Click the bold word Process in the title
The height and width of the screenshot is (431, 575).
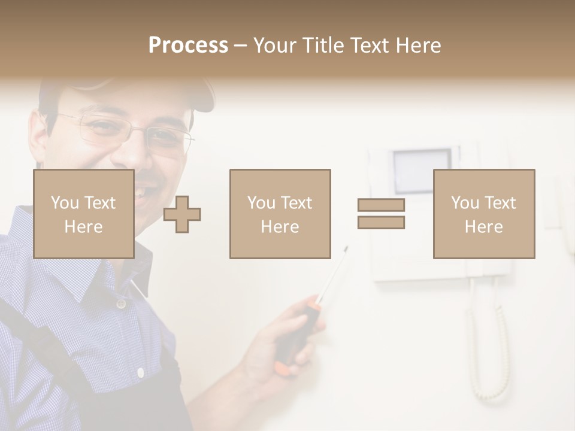pos(188,45)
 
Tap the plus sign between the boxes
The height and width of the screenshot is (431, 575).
pos(182,214)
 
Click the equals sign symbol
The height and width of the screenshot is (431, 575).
pos(381,214)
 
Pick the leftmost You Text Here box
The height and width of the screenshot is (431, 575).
pos(83,214)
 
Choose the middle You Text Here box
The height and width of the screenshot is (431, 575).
pos(280,214)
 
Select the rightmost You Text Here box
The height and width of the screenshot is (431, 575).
pos(483,214)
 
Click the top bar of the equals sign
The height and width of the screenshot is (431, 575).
pos(381,205)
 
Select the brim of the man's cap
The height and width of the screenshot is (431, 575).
pos(198,96)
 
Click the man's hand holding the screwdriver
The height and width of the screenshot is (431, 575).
pos(270,353)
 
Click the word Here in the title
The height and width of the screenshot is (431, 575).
pos(417,45)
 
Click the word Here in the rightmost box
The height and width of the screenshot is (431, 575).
pos(483,226)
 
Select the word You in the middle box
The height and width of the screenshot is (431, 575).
pos(261,203)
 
